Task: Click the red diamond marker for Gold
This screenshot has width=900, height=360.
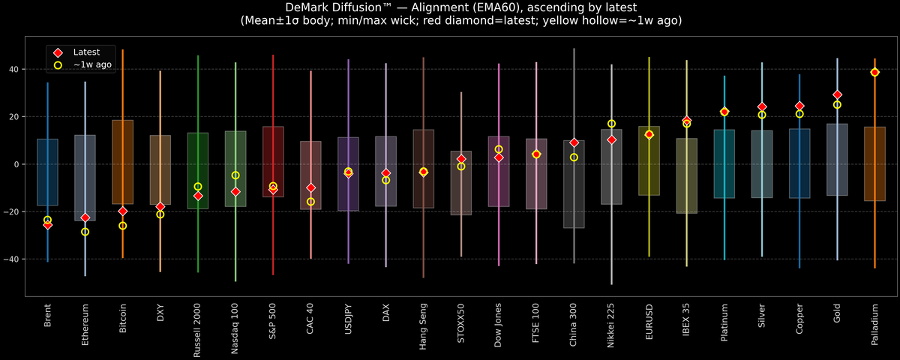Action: (837, 94)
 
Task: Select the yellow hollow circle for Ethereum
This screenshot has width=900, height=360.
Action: (85, 232)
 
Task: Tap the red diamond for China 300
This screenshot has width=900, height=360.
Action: (574, 142)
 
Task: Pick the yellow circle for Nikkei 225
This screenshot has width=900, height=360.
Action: (611, 124)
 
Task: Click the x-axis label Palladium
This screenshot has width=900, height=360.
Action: (874, 323)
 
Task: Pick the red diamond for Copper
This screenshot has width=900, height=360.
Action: (799, 106)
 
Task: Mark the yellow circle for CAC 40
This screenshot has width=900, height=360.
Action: (310, 202)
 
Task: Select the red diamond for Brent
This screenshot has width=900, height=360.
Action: (47, 225)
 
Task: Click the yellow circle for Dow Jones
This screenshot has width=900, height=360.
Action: (499, 149)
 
